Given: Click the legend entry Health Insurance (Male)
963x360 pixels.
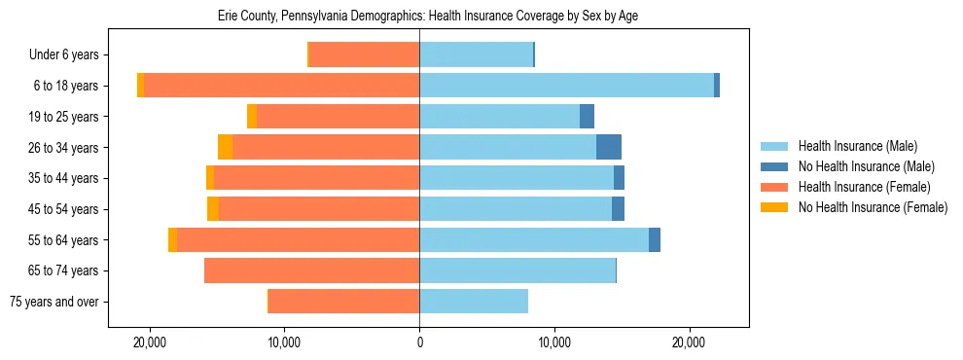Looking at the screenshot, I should tap(857, 147).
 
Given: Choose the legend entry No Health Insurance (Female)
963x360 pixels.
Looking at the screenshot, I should tap(873, 207).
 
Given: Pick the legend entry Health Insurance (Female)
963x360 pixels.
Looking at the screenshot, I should tap(864, 187).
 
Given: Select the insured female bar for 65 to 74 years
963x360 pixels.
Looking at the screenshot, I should tap(311, 270).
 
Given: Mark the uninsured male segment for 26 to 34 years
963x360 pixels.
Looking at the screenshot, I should tap(609, 147).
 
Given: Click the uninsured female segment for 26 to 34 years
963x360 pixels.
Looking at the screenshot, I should tap(225, 147).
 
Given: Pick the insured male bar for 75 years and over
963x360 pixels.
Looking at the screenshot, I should tap(474, 302).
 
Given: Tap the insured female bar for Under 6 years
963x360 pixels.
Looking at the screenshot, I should tap(364, 55).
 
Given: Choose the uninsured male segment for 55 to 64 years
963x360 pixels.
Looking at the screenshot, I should tap(655, 239).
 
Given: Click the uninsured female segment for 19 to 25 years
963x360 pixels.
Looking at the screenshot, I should tap(252, 117).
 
